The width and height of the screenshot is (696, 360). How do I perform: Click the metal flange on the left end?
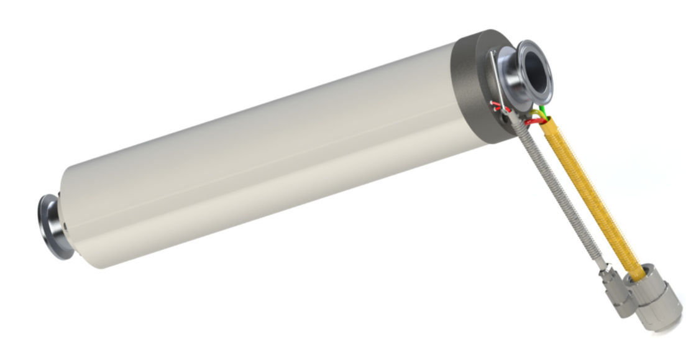coord(49,225)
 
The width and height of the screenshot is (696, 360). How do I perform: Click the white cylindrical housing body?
coord(261,155)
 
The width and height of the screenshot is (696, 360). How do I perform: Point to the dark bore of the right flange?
coord(535,70)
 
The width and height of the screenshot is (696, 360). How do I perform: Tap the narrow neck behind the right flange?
coord(511,78)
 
